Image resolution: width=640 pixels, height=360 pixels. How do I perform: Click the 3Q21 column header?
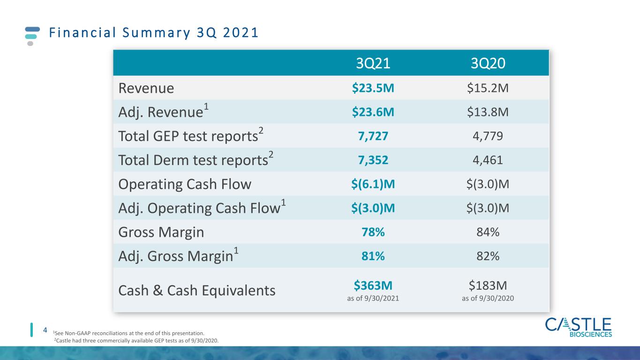(373, 63)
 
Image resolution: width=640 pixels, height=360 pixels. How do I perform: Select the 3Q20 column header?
(488, 63)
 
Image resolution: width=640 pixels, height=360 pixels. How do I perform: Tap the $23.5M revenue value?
(373, 88)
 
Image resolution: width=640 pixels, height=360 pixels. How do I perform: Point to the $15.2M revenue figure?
(488, 88)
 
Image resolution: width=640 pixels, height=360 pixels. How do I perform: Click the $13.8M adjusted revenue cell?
(488, 112)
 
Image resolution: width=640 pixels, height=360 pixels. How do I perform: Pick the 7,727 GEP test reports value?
(373, 136)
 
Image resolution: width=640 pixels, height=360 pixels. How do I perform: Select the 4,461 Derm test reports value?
(488, 160)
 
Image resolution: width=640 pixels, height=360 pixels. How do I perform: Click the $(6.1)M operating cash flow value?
(373, 184)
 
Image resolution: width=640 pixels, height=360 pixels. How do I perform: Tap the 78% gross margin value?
(373, 232)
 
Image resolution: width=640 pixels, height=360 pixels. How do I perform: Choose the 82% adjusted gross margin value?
(488, 256)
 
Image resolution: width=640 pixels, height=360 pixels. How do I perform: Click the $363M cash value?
(373, 285)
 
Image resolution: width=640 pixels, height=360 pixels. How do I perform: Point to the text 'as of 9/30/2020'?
(488, 298)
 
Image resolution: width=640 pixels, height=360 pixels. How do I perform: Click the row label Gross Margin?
(161, 232)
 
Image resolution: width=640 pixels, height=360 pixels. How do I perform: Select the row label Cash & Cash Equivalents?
(197, 291)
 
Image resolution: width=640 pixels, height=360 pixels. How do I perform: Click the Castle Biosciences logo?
(578, 328)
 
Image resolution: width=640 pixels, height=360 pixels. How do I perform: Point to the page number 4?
(45, 330)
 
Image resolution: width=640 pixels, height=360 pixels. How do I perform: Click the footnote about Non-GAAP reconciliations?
(129, 333)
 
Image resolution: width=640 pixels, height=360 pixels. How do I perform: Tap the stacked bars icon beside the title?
(32, 36)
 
